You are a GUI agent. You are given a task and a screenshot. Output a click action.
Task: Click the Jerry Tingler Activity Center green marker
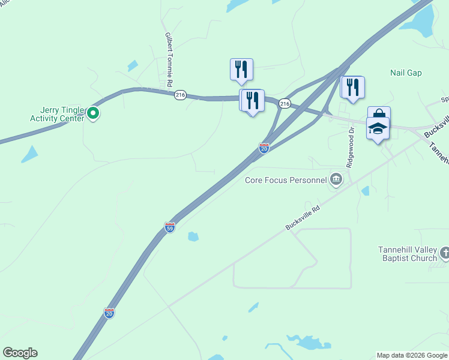(x=93, y=113)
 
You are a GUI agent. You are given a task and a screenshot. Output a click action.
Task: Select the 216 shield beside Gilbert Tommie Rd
(x=180, y=95)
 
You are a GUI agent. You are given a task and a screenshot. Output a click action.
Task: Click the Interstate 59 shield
(x=170, y=227)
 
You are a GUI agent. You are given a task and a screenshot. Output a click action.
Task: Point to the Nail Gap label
(x=406, y=73)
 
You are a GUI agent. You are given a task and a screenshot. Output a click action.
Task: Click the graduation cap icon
(x=378, y=129)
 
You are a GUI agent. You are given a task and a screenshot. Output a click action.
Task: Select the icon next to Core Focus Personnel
(x=336, y=179)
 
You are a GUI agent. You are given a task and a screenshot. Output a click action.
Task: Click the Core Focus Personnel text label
(x=285, y=179)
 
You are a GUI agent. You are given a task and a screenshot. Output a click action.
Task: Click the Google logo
(x=20, y=353)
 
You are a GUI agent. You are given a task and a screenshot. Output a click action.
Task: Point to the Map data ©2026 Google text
(x=411, y=355)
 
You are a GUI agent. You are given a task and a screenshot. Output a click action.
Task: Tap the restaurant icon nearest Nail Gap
(x=352, y=87)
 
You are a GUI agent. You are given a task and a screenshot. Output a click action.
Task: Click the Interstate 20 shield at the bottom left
(x=109, y=313)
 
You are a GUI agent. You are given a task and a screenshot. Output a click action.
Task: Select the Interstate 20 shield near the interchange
(x=264, y=148)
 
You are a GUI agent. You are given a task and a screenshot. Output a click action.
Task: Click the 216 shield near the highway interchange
(x=285, y=104)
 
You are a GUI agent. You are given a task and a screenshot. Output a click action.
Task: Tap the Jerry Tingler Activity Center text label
(x=56, y=114)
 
